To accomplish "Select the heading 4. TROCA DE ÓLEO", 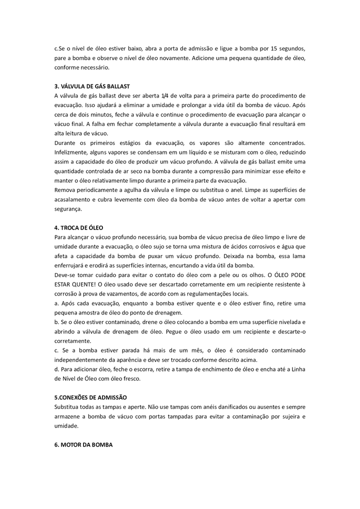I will (x=78, y=227).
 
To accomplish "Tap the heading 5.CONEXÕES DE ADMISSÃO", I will (x=90, y=397).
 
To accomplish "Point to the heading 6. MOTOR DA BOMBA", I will (x=83, y=444).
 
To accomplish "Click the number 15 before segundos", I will (x=273, y=48).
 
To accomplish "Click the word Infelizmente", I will (x=71, y=152).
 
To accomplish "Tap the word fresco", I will (x=130, y=378).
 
